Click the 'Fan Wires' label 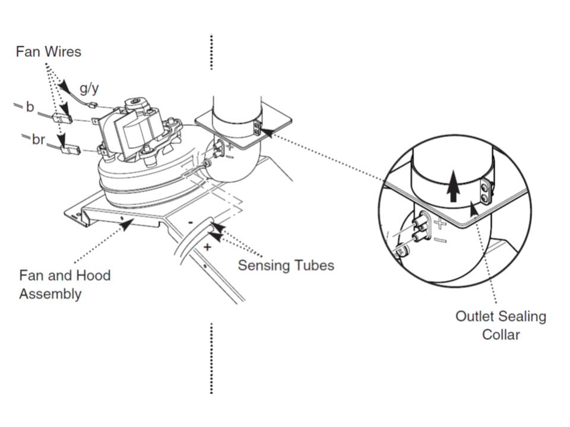point(48,52)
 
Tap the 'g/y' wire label point(89,89)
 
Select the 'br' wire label point(38,139)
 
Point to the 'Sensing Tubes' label point(286,265)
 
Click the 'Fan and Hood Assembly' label point(65,285)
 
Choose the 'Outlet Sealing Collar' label point(500,325)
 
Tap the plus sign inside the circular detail point(439,224)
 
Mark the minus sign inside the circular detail point(440,240)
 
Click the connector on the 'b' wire point(62,118)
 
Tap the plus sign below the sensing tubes point(207,247)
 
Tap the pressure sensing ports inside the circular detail point(418,228)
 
